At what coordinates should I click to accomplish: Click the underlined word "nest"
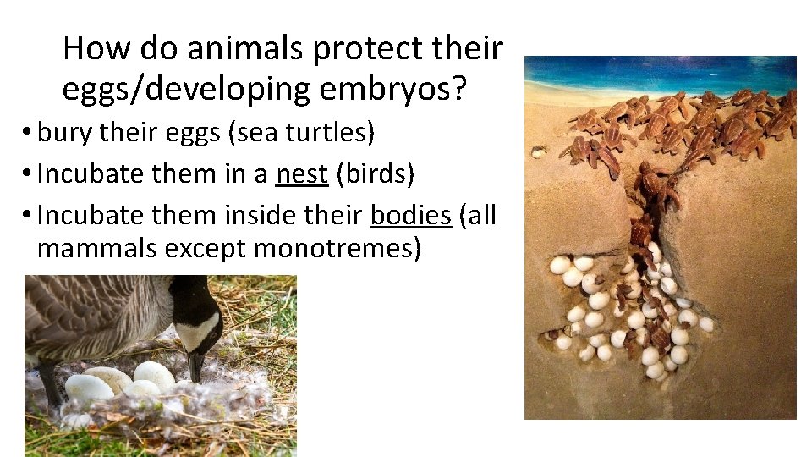point(301,173)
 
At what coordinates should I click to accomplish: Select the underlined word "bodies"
point(410,215)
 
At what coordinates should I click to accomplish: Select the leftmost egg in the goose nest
point(89,388)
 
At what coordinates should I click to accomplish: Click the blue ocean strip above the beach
point(660,72)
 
